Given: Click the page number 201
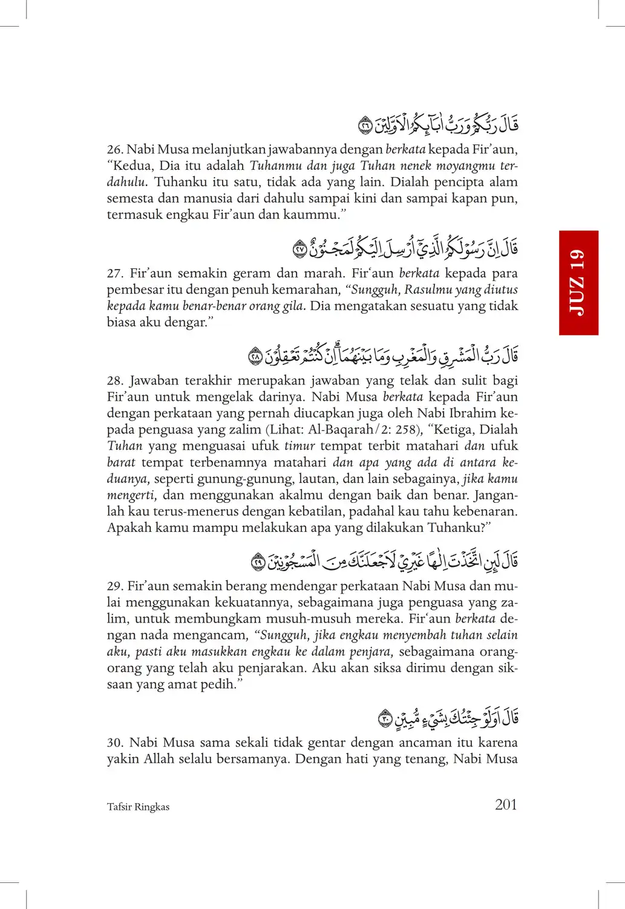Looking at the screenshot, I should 506,804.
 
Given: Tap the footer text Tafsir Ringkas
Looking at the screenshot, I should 138,807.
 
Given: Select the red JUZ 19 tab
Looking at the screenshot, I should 578,282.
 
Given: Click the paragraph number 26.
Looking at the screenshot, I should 114,149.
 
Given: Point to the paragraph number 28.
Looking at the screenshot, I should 114,381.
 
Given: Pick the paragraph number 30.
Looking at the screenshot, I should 114,743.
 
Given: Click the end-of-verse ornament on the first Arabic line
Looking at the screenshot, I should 365,126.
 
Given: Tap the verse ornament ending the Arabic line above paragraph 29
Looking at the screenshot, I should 258,562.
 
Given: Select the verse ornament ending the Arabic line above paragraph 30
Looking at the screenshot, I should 385,719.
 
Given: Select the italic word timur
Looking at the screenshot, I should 299,446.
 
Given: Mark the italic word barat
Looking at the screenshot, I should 121,462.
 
